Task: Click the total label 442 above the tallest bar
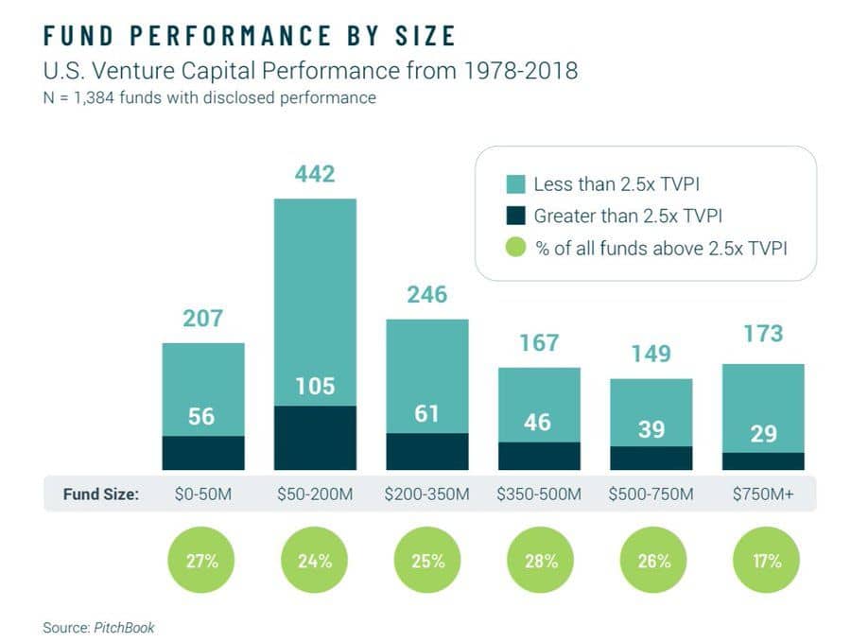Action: (315, 174)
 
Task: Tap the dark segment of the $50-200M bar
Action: (315, 438)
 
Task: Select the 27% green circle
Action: (202, 560)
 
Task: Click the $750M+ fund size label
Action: (762, 495)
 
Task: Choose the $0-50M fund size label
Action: (202, 495)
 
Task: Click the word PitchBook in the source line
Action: (123, 627)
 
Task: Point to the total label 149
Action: (651, 355)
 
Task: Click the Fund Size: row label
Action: (100, 495)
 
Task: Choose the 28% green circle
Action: (539, 560)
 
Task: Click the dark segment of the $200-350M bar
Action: (426, 452)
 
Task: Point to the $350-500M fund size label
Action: (539, 495)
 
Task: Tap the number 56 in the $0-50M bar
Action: (202, 415)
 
